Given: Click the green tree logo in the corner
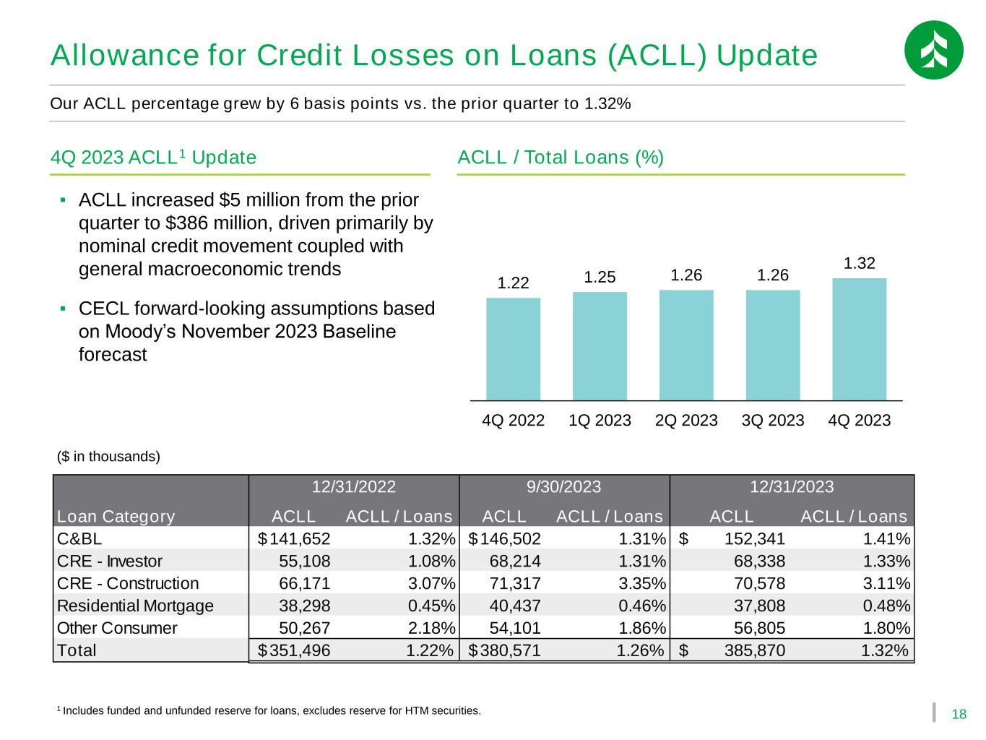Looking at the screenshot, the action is tap(933, 50).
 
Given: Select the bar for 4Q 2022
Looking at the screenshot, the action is tap(513, 348).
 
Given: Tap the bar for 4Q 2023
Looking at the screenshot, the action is tap(859, 339).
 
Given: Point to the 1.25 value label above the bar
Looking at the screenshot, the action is tap(600, 277).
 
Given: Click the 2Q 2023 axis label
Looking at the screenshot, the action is tap(686, 420).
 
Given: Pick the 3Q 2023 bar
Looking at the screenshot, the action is tap(773, 345).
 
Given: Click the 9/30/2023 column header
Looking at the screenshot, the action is tap(563, 486).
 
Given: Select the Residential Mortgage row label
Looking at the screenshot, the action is tap(135, 606).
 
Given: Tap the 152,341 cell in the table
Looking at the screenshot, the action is tap(754, 538).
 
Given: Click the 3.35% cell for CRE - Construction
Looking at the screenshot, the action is tap(642, 583).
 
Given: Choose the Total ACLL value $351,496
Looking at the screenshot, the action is tap(294, 650).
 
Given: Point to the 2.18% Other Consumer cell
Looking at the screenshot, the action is tap(431, 628).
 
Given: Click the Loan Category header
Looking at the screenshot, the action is tap(116, 517).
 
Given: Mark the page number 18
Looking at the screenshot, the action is tap(959, 715).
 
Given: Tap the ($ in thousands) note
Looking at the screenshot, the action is tap(108, 456).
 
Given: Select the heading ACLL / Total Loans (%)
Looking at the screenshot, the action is tap(560, 158).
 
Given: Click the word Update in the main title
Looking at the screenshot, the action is tap(767, 55).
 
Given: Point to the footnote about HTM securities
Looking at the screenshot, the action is tap(269, 710).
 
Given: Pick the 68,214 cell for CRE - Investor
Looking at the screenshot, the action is tap(515, 562).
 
